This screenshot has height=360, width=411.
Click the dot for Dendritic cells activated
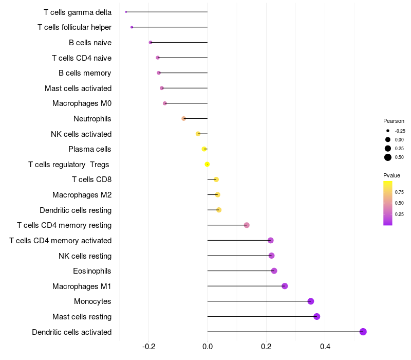click(363, 332)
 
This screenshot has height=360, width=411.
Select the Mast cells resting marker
click(316, 316)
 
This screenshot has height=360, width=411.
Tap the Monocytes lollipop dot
click(311, 301)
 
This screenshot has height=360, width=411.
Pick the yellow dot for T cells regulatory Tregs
click(207, 164)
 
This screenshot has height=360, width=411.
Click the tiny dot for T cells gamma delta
click(126, 12)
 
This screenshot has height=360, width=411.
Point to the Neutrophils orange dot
click(184, 119)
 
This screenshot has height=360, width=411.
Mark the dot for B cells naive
click(151, 43)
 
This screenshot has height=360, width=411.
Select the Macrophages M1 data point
click(285, 286)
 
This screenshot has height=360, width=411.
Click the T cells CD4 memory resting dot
click(247, 225)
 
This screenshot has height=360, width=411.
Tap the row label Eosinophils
click(92, 271)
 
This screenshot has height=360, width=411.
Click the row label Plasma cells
click(89, 149)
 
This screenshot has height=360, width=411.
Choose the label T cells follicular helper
click(74, 27)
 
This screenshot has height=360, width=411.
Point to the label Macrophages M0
click(82, 103)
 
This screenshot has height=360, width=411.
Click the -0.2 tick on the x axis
click(149, 347)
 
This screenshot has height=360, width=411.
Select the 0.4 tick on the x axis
click(325, 347)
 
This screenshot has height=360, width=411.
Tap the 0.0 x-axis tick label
click(208, 347)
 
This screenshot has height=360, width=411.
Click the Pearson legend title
click(394, 121)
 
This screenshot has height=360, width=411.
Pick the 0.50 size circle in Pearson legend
click(388, 157)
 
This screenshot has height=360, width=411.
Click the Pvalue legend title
click(391, 175)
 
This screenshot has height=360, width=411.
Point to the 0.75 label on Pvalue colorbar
click(399, 192)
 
